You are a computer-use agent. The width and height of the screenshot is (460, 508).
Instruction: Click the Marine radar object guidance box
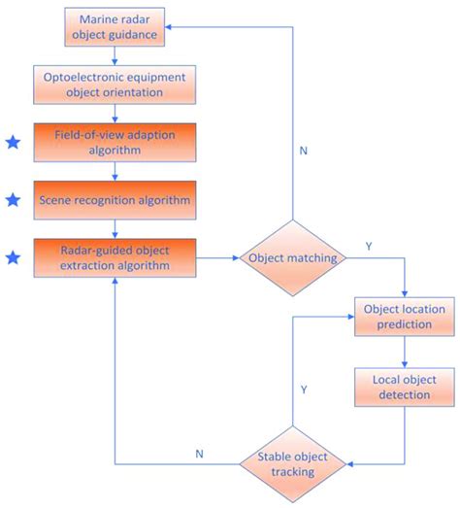click(x=116, y=26)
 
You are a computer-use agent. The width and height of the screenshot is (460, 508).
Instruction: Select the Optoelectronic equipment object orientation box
click(x=116, y=84)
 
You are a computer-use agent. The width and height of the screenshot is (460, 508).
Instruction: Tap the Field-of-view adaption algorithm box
click(x=116, y=142)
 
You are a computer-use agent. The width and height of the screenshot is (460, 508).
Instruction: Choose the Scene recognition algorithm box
click(x=116, y=200)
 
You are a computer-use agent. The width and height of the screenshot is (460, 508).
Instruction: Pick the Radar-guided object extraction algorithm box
click(x=116, y=258)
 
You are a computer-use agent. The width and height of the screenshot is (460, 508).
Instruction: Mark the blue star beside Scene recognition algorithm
click(x=13, y=200)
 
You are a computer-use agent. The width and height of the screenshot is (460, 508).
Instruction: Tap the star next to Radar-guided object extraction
click(x=13, y=257)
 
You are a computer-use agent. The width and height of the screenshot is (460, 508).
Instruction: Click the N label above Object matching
click(x=303, y=151)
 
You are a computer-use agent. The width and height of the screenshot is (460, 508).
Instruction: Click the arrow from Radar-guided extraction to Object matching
click(x=217, y=258)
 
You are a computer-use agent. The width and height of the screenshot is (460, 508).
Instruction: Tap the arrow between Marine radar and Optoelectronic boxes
click(x=116, y=54)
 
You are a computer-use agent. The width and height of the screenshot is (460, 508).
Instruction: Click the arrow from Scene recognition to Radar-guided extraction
click(x=116, y=229)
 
